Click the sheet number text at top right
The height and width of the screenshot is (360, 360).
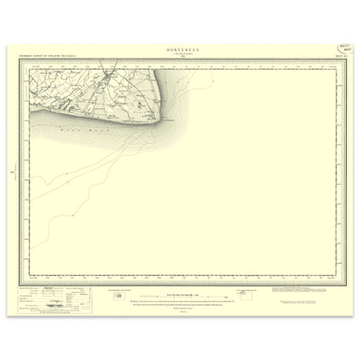[341, 62]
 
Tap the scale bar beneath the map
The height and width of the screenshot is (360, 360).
[181, 296]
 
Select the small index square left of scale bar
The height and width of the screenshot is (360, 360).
[118, 295]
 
